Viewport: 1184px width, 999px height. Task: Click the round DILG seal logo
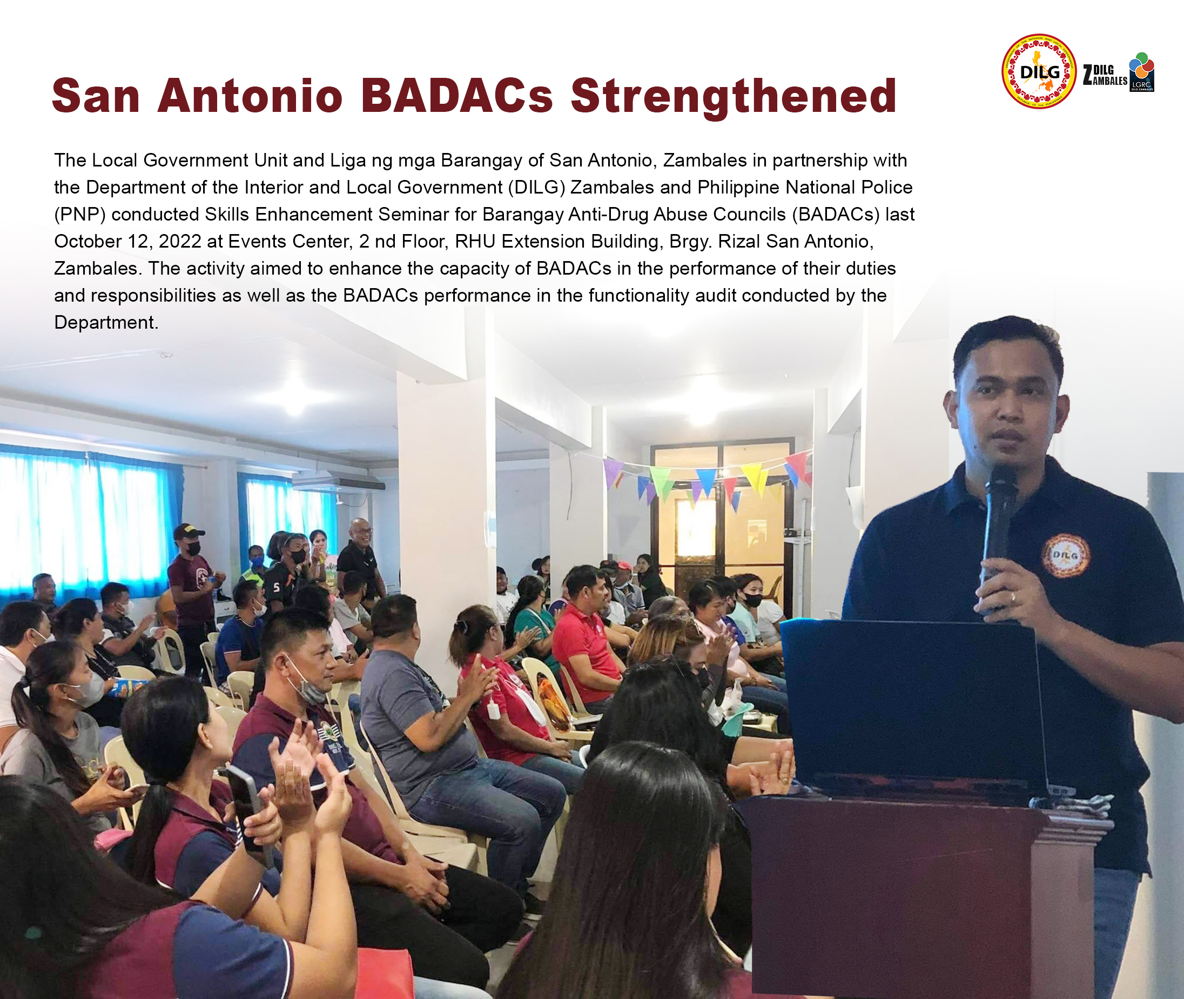click(1039, 71)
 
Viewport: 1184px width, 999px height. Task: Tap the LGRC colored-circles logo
click(1141, 72)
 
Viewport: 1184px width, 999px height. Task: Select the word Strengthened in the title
click(734, 97)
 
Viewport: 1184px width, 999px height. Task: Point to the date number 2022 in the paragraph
click(180, 241)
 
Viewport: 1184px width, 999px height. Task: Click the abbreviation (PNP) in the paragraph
click(80, 215)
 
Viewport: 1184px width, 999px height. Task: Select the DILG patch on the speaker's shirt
click(1065, 555)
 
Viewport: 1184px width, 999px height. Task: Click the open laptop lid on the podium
click(911, 702)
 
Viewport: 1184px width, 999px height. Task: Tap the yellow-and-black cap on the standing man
click(188, 531)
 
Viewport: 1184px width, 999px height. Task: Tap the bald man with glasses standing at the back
click(360, 558)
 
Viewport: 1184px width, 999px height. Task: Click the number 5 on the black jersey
click(277, 587)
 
